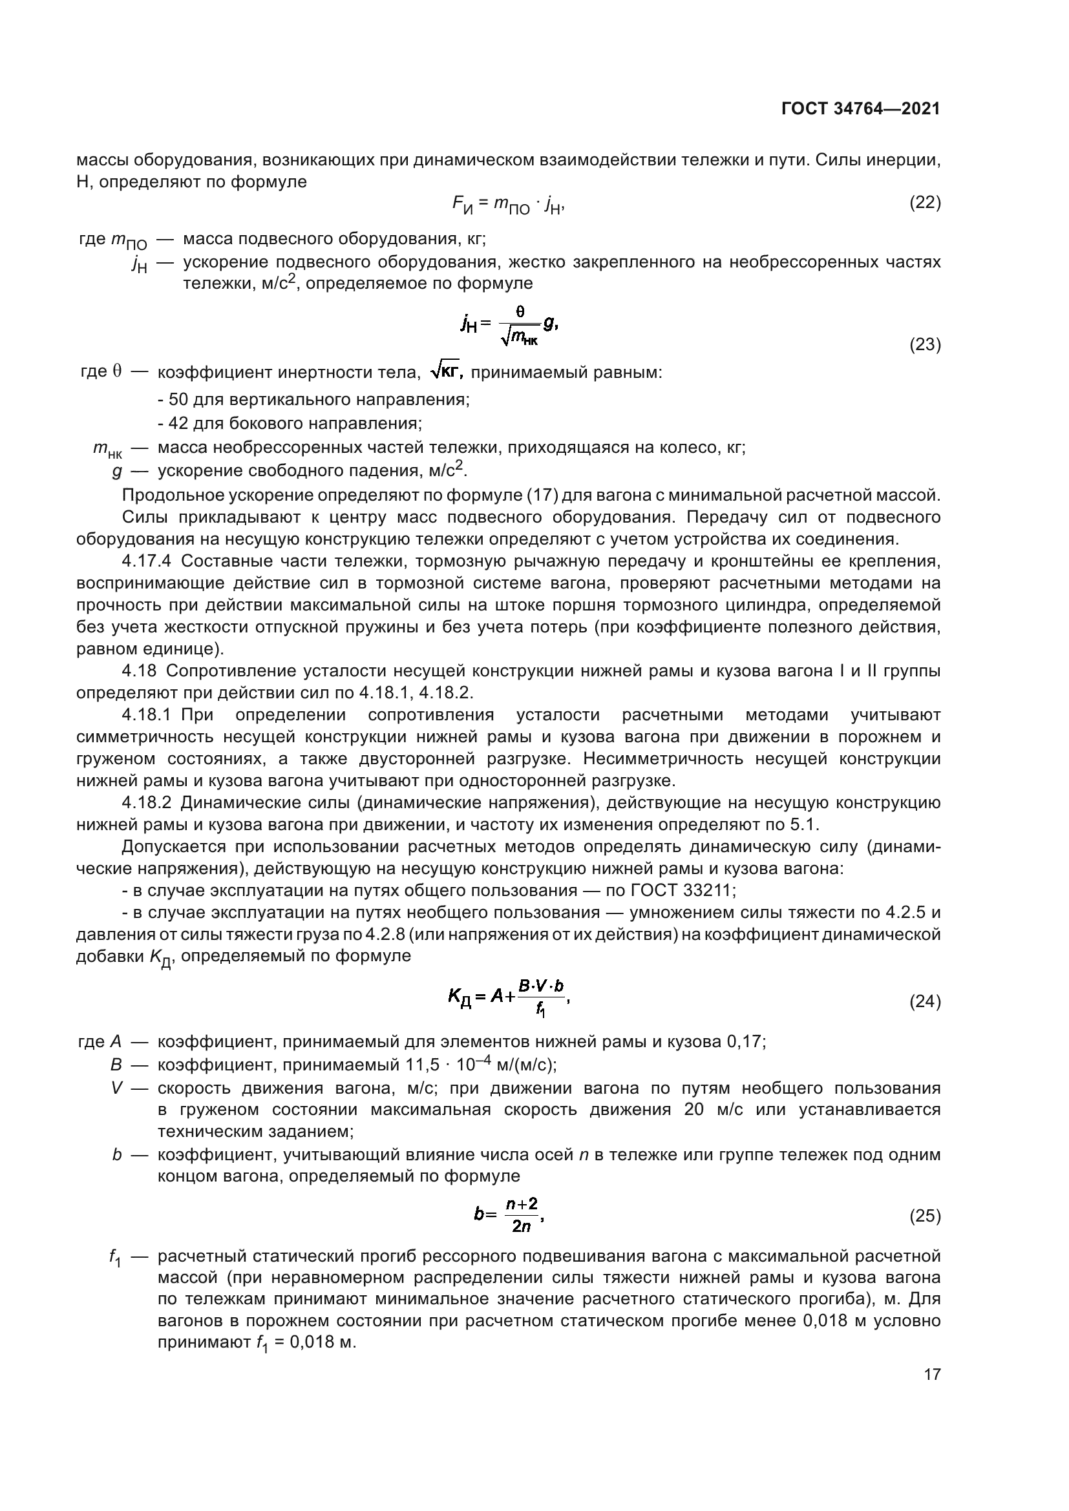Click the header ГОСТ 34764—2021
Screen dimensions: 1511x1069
[860, 109]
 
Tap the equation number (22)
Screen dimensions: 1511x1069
[925, 203]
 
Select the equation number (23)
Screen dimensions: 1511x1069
[925, 345]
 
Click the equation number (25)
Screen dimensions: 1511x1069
[925, 1216]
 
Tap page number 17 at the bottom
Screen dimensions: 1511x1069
[932, 1374]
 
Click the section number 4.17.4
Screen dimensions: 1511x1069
[147, 561]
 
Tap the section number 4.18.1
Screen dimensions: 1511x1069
[146, 714]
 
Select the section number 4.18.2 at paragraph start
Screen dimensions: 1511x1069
[146, 803]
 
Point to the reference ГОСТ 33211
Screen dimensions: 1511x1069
[682, 890]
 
